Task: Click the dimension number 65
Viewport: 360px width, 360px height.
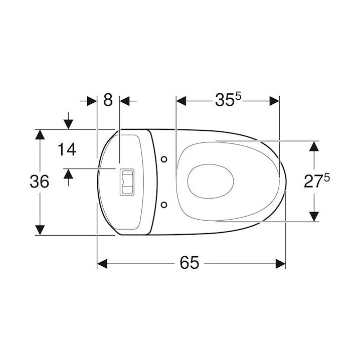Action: click(190, 262)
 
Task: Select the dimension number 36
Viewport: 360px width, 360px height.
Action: click(40, 182)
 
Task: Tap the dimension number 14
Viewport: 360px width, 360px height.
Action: click(67, 149)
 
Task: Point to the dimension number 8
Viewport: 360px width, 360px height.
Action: click(108, 100)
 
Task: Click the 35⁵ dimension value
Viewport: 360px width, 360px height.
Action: click(229, 100)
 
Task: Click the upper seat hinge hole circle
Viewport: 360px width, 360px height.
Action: click(163, 159)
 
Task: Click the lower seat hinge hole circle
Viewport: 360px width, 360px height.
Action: click(163, 205)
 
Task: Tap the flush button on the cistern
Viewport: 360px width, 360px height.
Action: click(127, 182)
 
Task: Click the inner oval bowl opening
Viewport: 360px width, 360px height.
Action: click(211, 182)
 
